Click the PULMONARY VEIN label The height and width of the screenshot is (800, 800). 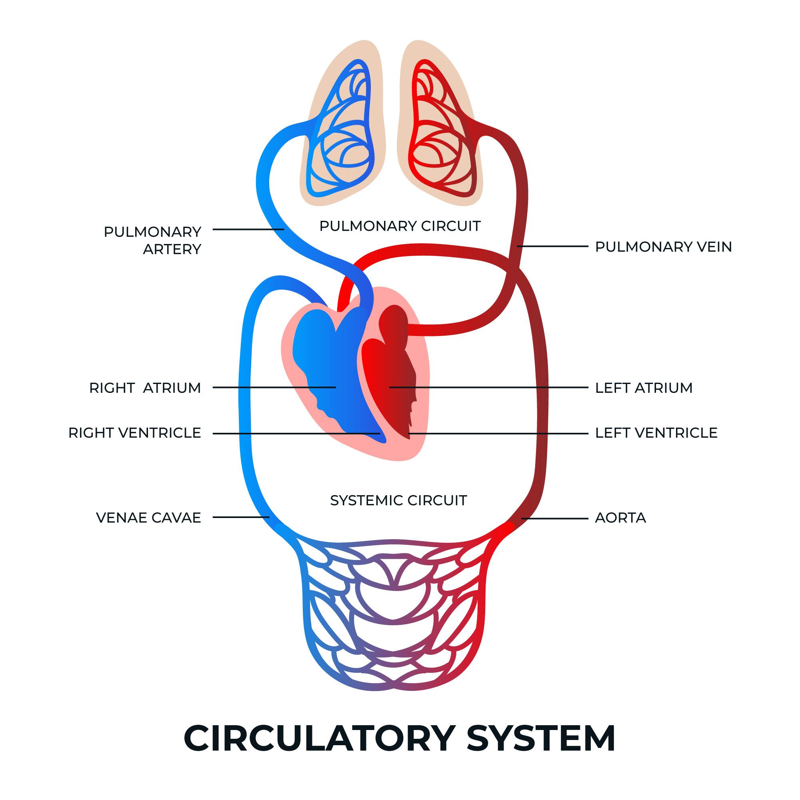click(x=663, y=247)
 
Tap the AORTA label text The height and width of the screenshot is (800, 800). click(x=620, y=518)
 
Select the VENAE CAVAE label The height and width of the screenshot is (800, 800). click(x=148, y=518)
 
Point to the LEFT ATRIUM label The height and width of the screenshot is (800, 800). click(x=644, y=388)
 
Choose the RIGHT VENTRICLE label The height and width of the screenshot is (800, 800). click(x=134, y=433)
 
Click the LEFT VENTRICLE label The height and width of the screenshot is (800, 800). click(x=656, y=433)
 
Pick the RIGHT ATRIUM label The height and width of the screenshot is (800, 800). click(x=145, y=388)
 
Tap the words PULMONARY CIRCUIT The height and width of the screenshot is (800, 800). click(x=400, y=226)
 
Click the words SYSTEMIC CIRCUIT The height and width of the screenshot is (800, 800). click(x=398, y=500)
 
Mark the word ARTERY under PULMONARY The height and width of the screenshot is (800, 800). click(x=172, y=249)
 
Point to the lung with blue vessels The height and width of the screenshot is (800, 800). click(x=342, y=132)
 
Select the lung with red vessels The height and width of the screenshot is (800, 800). click(x=441, y=132)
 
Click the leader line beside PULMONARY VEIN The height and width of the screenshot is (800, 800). click(x=553, y=246)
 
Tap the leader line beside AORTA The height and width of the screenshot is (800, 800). click(x=555, y=518)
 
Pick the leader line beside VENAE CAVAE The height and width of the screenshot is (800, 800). click(x=241, y=517)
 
